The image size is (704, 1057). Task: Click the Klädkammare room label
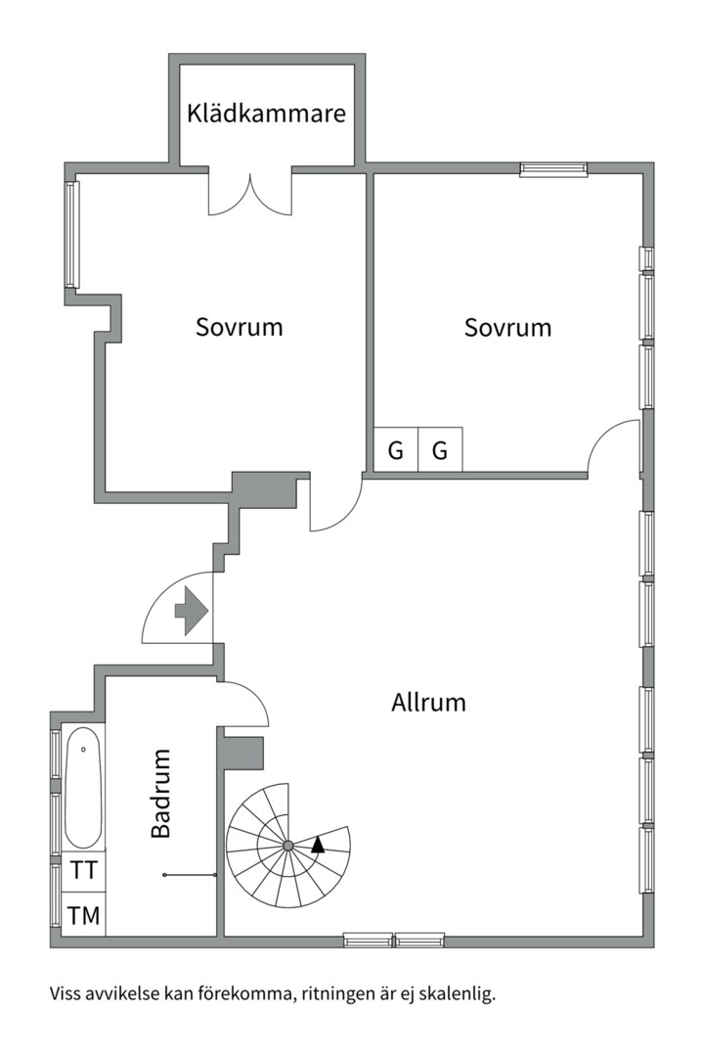pos(267,114)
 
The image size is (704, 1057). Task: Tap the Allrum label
pos(428,702)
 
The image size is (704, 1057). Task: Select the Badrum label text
pos(161,793)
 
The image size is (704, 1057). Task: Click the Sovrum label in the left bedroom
pos(239,327)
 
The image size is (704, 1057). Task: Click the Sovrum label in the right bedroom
pos(507,327)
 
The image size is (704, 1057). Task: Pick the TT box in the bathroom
pos(83,870)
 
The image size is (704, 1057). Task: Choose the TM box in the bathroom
pos(83,916)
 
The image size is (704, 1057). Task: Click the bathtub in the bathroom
pos(84,789)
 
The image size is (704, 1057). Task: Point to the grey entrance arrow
pos(192,612)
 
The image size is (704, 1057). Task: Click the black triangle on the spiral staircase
pos(318,845)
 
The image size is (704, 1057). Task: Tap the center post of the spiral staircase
pos(288,845)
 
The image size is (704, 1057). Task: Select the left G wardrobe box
pos(396,451)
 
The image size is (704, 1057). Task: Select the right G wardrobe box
pos(440,451)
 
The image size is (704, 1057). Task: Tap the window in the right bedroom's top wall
pos(553,169)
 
